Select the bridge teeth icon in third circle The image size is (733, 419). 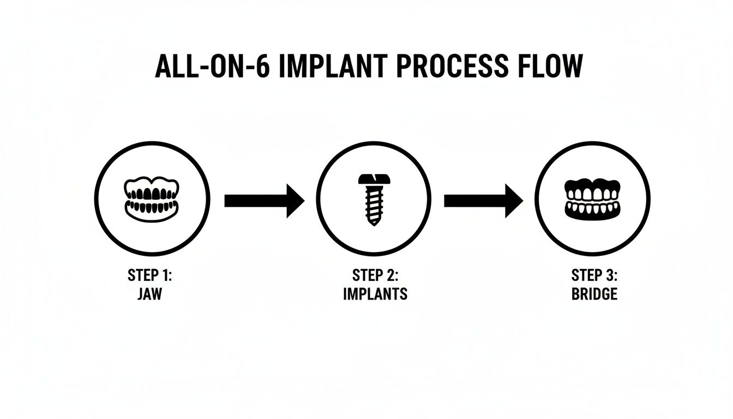tap(592, 199)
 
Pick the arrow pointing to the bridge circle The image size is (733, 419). tap(483, 201)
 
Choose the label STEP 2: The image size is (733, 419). tap(375, 275)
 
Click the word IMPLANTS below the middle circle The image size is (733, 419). tap(375, 294)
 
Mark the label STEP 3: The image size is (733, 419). tap(594, 275)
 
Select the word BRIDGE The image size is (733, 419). tap(594, 294)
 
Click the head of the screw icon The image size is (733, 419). tap(374, 179)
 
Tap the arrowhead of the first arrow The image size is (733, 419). tap(295, 201)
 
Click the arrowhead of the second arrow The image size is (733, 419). tap(514, 201)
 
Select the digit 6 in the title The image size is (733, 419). tap(261, 67)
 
